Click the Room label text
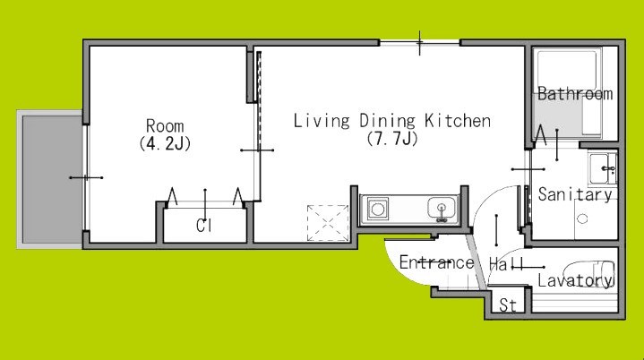tap(165, 125)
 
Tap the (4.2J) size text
tap(165, 143)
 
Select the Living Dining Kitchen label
tap(391, 121)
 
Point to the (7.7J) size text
tap(392, 138)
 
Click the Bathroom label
tap(575, 94)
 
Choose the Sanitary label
tap(575, 194)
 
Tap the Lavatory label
tap(575, 280)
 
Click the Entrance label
tap(436, 262)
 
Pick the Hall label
tap(506, 263)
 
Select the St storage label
tap(508, 305)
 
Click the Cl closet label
tap(203, 226)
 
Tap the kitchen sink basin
tap(442, 208)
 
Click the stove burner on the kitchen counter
tap(378, 209)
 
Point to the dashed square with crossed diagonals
tap(328, 223)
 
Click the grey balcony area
tap(52, 179)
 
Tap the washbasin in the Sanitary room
tap(602, 168)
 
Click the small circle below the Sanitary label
tap(582, 219)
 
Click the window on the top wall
tap(419, 42)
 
